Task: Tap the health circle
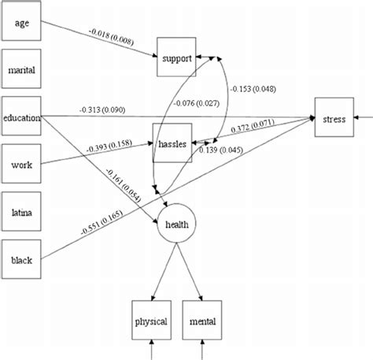pos(177,224)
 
